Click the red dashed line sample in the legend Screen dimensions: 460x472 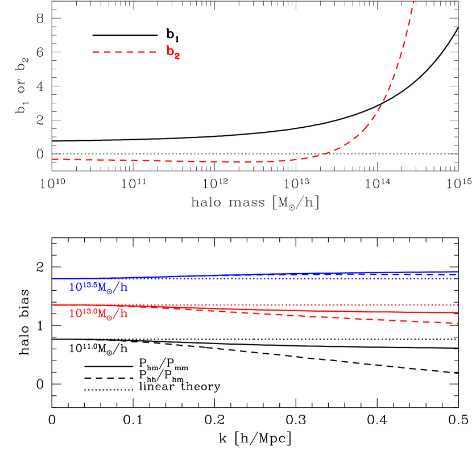point(124,52)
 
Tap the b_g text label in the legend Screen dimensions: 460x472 point(173,52)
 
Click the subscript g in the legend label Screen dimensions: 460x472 point(177,56)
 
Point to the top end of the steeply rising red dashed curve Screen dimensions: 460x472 point(413,2)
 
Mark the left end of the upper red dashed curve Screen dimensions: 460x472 point(53,159)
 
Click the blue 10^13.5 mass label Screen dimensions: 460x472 point(98,287)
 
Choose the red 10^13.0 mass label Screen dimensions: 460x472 point(98,313)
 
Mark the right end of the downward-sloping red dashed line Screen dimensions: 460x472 point(458,324)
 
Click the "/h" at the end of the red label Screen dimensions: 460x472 point(120,313)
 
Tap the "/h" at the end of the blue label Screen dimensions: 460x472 point(120,288)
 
